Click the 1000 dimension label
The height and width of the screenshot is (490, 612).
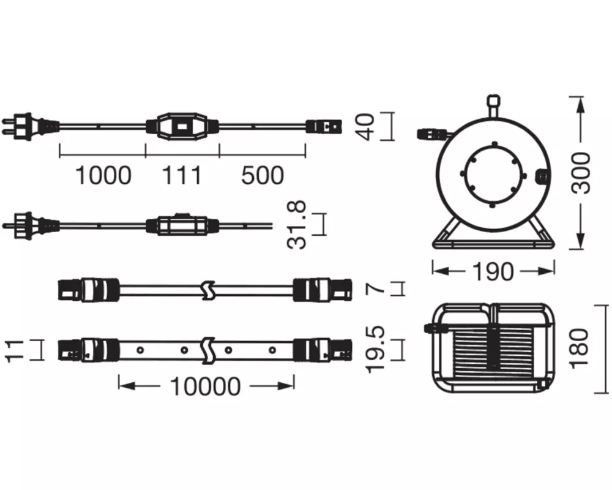103,175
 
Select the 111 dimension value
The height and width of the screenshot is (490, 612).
182,175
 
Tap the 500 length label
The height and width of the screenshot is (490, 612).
263,175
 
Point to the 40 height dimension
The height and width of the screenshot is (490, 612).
367,127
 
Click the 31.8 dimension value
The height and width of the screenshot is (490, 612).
297,225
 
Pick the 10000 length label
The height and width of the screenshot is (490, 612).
206,386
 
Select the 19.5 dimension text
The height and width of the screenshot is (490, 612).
376,350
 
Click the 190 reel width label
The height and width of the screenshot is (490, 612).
493,271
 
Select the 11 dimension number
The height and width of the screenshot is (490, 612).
15,350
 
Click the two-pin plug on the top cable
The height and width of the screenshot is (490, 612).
31,126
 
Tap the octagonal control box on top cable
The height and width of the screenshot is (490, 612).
182,126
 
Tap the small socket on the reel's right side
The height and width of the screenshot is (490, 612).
541,178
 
